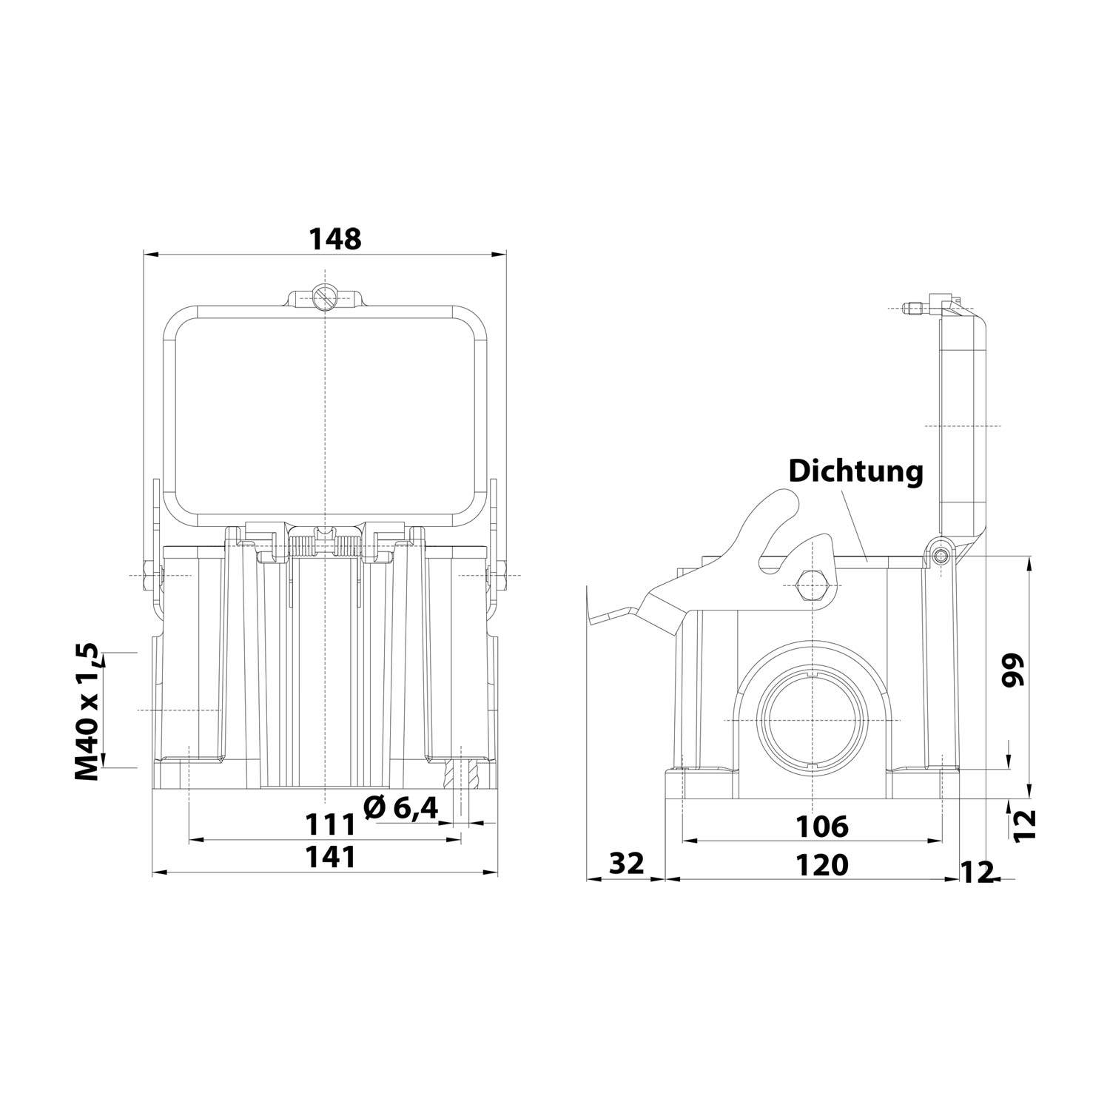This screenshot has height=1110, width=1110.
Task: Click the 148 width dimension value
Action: (334, 239)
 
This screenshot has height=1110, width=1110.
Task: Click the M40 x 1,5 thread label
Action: (87, 711)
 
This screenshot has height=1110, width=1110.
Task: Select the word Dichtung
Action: (856, 471)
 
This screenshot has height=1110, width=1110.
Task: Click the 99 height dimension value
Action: (1015, 670)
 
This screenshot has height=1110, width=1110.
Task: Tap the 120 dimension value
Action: (823, 864)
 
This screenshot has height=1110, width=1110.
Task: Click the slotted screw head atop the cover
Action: (324, 297)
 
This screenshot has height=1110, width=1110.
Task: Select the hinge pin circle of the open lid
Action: (941, 556)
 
